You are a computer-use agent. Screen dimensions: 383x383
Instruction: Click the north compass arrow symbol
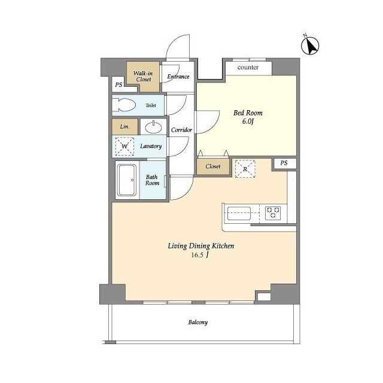coord(310,45)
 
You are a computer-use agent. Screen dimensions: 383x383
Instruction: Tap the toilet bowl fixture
coord(124,105)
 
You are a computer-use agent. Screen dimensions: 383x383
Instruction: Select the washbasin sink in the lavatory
coord(153,127)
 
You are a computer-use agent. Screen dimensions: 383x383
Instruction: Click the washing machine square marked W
coord(124,146)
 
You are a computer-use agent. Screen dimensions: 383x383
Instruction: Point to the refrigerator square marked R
coord(245,169)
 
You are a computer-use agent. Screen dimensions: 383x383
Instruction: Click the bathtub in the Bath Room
coord(127,180)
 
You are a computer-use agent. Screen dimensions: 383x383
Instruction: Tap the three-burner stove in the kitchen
coord(273,213)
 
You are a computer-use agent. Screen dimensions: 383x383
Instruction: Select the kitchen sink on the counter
coord(239,213)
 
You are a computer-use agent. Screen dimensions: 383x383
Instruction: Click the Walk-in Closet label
coord(144,76)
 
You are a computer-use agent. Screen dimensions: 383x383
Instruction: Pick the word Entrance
coord(178,77)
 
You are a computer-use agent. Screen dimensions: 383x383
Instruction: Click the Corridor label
coord(181,130)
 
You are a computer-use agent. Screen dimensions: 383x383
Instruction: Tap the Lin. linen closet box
coord(125,126)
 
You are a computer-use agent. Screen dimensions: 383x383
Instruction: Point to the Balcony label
coord(198,322)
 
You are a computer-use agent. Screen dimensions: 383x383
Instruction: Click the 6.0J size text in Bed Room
coord(248,121)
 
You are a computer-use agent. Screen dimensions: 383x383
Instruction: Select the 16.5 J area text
coord(200,255)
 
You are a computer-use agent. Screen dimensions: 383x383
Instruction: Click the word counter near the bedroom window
coord(248,67)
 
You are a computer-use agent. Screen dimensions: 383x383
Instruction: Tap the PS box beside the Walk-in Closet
coord(119,84)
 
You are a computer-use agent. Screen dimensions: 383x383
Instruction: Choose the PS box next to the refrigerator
coord(284,163)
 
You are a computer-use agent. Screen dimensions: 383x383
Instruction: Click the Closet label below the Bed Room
coord(213,166)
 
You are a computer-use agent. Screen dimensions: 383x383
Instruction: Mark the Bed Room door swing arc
coord(213,126)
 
